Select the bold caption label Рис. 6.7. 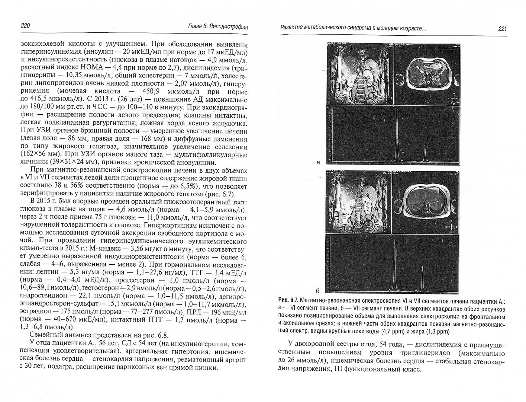(x=288, y=300)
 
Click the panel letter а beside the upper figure (x=318, y=162)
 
